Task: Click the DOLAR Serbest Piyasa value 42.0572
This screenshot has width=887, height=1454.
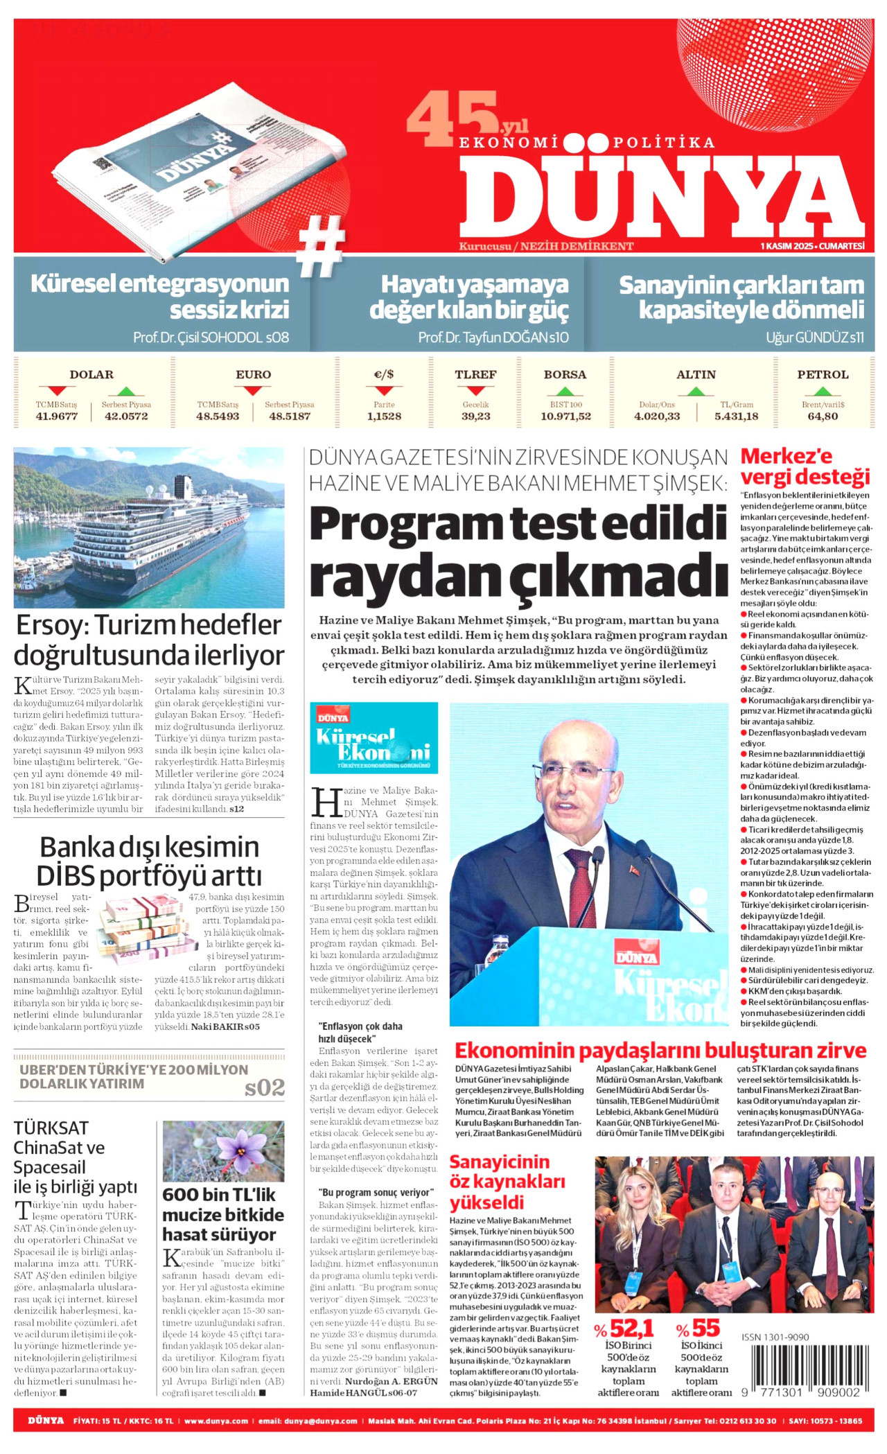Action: [x=126, y=417]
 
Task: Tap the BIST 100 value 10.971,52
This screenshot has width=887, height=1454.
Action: [x=565, y=417]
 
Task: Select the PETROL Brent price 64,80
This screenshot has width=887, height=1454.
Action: [x=823, y=417]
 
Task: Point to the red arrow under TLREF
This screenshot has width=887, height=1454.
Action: [x=475, y=391]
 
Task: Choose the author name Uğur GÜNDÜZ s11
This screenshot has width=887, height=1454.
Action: [x=814, y=338]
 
